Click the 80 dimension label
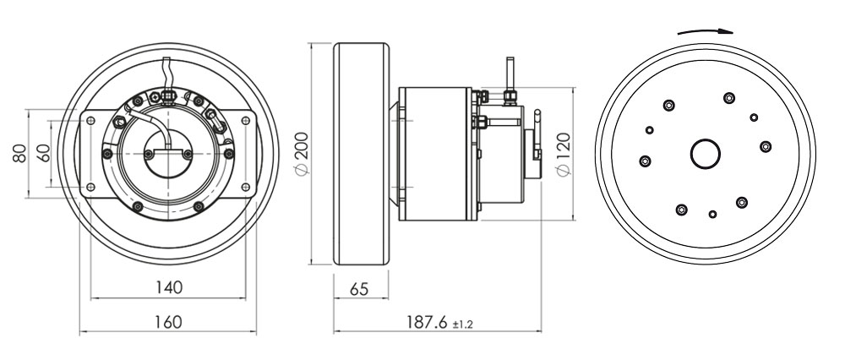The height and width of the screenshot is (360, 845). tap(18, 153)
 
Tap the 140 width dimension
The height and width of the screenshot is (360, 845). tap(169, 287)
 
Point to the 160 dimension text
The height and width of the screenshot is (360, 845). tap(169, 322)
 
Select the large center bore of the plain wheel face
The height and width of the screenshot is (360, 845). tap(706, 154)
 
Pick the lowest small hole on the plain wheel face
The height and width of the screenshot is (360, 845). tap(714, 213)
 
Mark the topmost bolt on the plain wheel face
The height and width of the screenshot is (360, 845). tap(728, 97)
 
